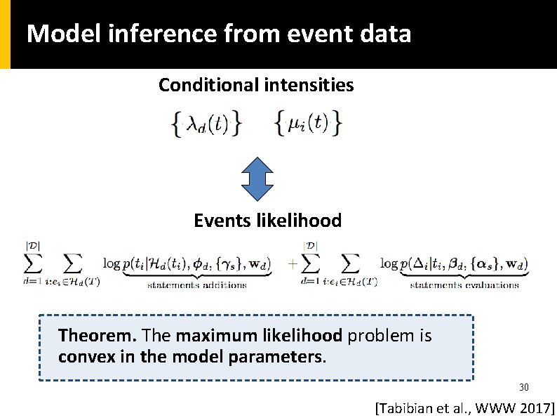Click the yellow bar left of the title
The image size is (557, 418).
[5, 34]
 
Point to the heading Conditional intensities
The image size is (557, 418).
[256, 86]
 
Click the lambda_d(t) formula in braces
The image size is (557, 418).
[207, 124]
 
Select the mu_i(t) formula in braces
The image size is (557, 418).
[308, 124]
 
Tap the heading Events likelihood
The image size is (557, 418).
[267, 221]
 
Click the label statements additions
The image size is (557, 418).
[196, 285]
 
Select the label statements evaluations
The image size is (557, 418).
[464, 285]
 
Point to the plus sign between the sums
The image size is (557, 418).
[293, 265]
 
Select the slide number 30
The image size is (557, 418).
[523, 387]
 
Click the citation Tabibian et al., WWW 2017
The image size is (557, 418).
[465, 407]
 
